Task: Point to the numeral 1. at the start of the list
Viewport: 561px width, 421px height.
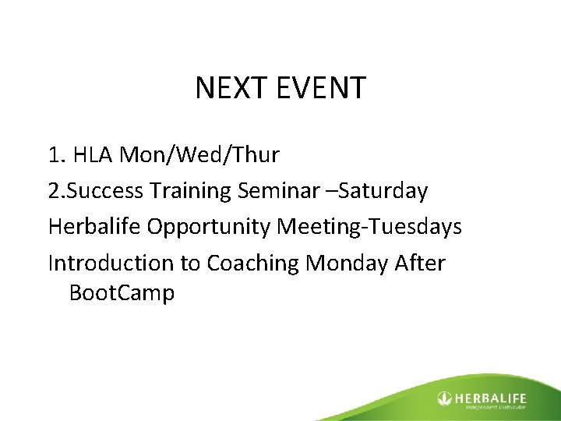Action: click(57, 155)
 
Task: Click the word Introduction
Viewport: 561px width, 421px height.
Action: click(112, 263)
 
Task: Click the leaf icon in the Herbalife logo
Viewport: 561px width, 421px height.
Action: click(445, 398)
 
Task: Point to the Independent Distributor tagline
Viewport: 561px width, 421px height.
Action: click(496, 406)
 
